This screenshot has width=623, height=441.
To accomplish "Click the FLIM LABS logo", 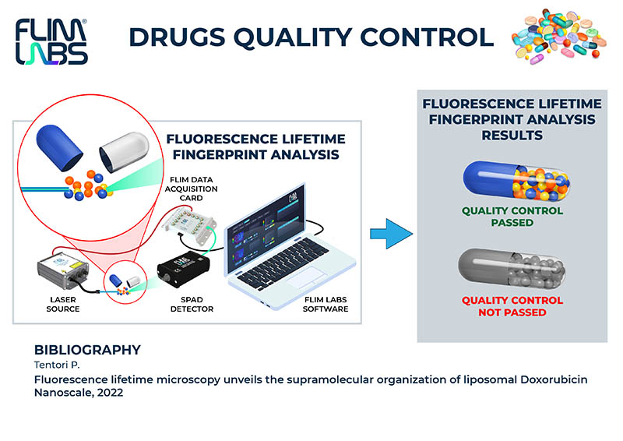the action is (51, 42).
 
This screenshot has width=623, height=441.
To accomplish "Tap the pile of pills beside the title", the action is (558, 36).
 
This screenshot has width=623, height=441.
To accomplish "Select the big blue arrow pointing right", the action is (392, 234).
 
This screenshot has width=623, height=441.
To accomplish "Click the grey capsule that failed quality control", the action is (512, 269).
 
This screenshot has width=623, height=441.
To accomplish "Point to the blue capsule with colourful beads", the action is (516, 181).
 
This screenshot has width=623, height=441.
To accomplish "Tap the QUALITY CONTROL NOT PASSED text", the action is (512, 306).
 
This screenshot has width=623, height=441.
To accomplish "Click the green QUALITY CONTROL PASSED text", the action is (512, 217).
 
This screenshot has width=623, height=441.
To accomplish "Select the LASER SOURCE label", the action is (63, 304).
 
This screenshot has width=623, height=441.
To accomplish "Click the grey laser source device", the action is (62, 270).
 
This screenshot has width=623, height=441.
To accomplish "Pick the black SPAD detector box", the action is (183, 268).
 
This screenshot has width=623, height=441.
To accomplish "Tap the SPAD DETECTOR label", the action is (192, 304).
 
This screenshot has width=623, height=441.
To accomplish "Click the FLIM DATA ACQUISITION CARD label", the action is (191, 189).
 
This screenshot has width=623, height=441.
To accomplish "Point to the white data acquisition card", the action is (190, 227).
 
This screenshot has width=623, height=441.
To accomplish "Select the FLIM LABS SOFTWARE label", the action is (326, 304).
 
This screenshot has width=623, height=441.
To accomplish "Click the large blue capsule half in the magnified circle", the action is (59, 147).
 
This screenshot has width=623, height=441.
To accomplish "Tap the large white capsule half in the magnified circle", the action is (124, 152).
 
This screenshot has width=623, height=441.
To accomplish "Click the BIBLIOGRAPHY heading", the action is (87, 350).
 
